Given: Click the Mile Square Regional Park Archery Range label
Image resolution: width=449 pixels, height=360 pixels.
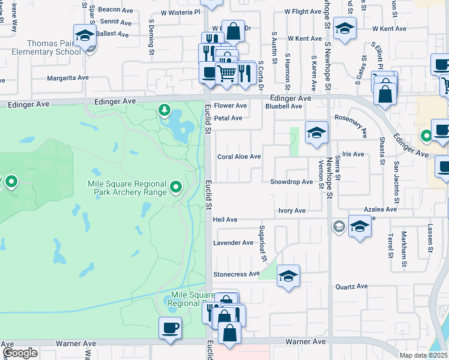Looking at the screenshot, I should [x=127, y=188].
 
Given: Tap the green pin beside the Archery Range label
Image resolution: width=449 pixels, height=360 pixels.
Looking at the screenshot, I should [x=176, y=188].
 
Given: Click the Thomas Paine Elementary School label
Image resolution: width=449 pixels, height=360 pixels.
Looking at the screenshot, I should [x=54, y=47].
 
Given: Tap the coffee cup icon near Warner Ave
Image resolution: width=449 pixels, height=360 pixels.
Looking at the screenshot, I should [x=169, y=328].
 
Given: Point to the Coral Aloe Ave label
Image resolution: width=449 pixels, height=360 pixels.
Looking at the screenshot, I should [x=239, y=157].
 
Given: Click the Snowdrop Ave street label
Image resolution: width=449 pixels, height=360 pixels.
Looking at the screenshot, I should [x=291, y=182].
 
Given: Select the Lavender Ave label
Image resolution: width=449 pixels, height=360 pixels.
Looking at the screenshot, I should [x=234, y=243].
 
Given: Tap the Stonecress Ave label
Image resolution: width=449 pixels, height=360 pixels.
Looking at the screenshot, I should [x=237, y=274].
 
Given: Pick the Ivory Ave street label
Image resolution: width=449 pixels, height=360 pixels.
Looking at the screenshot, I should [x=292, y=211].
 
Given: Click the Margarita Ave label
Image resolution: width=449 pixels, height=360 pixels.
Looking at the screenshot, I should [x=68, y=78].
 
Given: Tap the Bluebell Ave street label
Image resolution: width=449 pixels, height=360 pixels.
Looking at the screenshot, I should [x=283, y=106].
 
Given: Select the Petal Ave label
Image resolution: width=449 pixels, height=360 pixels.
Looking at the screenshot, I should [x=228, y=118].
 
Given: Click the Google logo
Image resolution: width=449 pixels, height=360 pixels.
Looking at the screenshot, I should [x=20, y=353].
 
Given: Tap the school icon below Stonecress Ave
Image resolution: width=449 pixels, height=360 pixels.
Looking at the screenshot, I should [x=288, y=276].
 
